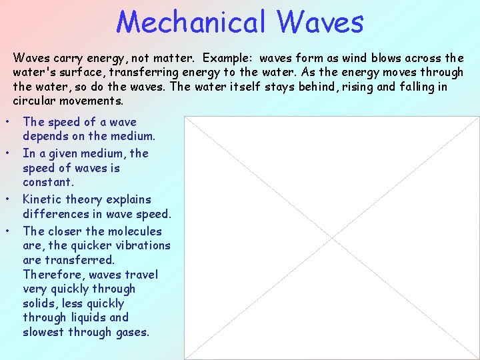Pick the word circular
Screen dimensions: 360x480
34,101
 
